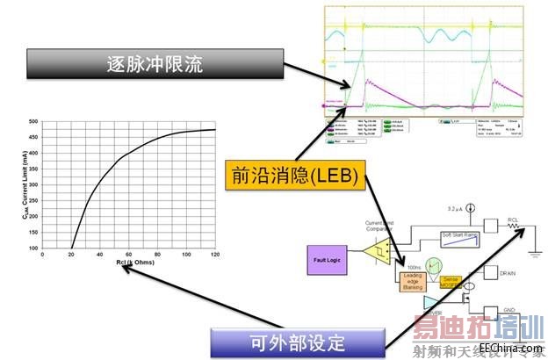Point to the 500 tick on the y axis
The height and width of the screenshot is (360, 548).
[33, 122]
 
